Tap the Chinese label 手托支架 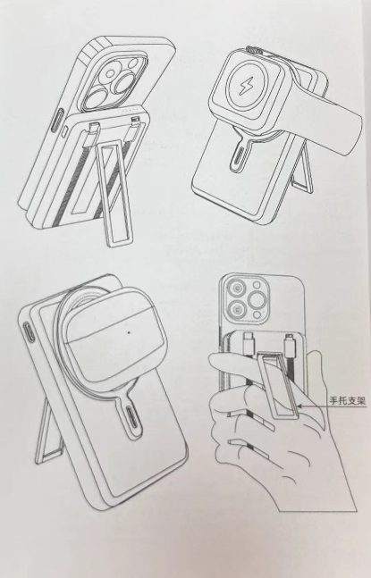point(348,401)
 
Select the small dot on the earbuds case point(129,332)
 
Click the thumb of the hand point(240,362)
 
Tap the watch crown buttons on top point(254,49)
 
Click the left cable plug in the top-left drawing point(93,128)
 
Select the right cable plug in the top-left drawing point(134,122)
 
